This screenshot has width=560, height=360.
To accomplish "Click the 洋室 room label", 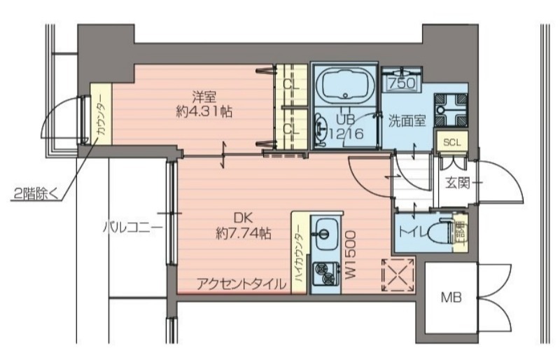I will (x=204, y=96).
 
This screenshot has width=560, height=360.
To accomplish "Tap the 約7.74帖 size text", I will (x=244, y=234).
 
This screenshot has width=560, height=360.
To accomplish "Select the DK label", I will (x=243, y=219).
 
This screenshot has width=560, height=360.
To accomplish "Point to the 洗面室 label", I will (x=407, y=120).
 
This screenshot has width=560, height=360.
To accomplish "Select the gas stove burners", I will (x=323, y=273).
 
